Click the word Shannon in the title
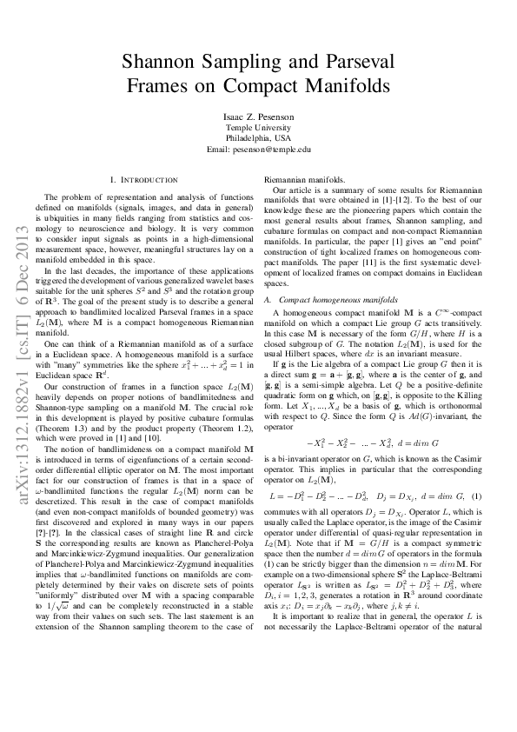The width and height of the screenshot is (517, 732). pos(164,62)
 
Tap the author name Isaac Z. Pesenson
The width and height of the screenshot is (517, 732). pos(258,116)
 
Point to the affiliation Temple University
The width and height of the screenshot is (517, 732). pos(258,127)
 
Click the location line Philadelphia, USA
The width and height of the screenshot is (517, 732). pos(258,138)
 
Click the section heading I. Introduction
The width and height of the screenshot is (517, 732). pos(143,180)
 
